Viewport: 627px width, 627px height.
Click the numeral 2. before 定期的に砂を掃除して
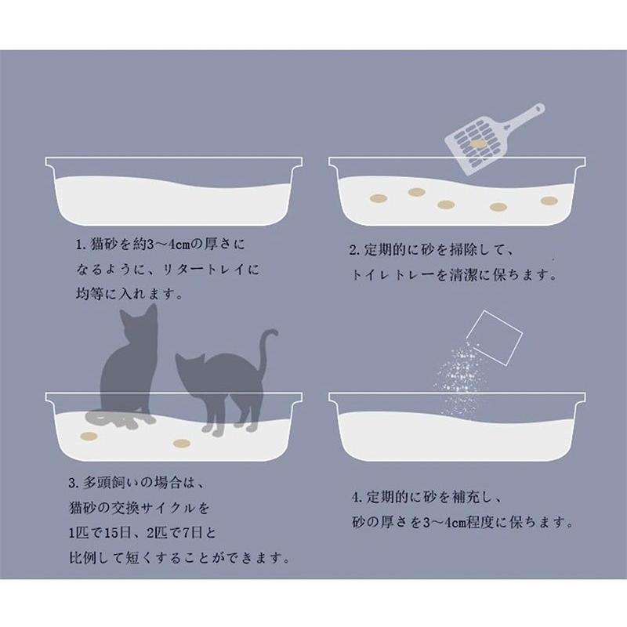coord(355,252)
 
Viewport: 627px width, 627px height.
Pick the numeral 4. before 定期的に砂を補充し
coord(357,498)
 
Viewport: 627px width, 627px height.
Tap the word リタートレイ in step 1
coord(208,270)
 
